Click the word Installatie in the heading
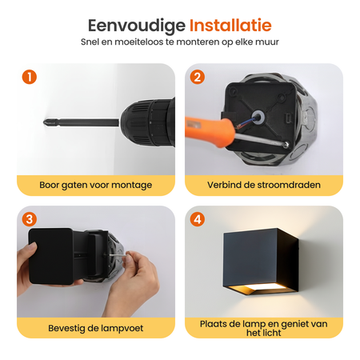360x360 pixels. click(230, 26)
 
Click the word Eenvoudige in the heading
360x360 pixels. click(137, 26)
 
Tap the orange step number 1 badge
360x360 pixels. click(30, 77)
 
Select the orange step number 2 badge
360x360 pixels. click(198, 77)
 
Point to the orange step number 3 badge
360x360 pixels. click(30, 219)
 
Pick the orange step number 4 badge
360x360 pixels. click(198, 219)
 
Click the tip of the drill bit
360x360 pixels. click(44, 122)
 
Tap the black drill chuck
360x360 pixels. click(147, 123)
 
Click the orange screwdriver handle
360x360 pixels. click(210, 130)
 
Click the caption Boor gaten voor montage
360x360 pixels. click(96, 185)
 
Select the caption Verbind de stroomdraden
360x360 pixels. click(264, 185)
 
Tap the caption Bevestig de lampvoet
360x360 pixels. click(96, 328)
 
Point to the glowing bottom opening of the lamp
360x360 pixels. click(259, 289)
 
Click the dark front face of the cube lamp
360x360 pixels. click(250, 258)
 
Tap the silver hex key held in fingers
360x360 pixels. click(118, 256)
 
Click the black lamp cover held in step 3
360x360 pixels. click(51, 256)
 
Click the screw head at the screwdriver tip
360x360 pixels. click(286, 144)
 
